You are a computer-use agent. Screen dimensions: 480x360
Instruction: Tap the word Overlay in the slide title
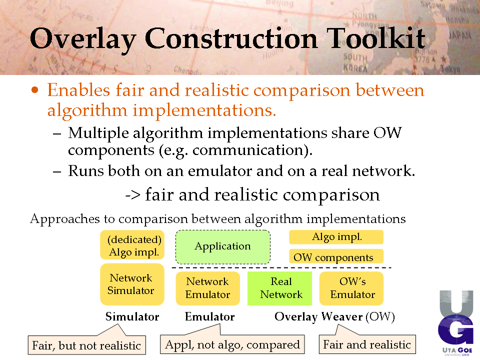click(x=82, y=40)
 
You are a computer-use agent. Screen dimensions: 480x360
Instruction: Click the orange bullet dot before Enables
click(x=35, y=89)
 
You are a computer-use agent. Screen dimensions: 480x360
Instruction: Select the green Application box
click(x=223, y=246)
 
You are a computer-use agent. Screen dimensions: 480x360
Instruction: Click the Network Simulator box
click(x=132, y=284)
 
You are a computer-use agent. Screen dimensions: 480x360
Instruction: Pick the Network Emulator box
click(x=207, y=288)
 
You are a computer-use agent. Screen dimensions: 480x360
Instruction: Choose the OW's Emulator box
click(x=351, y=288)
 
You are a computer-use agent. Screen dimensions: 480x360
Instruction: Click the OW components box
click(x=336, y=256)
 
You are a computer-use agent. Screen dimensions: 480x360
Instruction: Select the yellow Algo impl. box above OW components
click(x=336, y=237)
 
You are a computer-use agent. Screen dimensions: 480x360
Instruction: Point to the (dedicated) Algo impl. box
click(x=132, y=245)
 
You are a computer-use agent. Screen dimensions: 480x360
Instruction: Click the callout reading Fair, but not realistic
click(x=86, y=344)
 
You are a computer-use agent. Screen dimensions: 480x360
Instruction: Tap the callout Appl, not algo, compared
click(x=232, y=344)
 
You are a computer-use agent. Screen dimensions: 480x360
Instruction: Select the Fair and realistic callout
click(x=367, y=344)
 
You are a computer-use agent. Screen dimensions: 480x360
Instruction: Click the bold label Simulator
click(x=132, y=316)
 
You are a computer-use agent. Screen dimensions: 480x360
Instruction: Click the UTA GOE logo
click(x=456, y=323)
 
